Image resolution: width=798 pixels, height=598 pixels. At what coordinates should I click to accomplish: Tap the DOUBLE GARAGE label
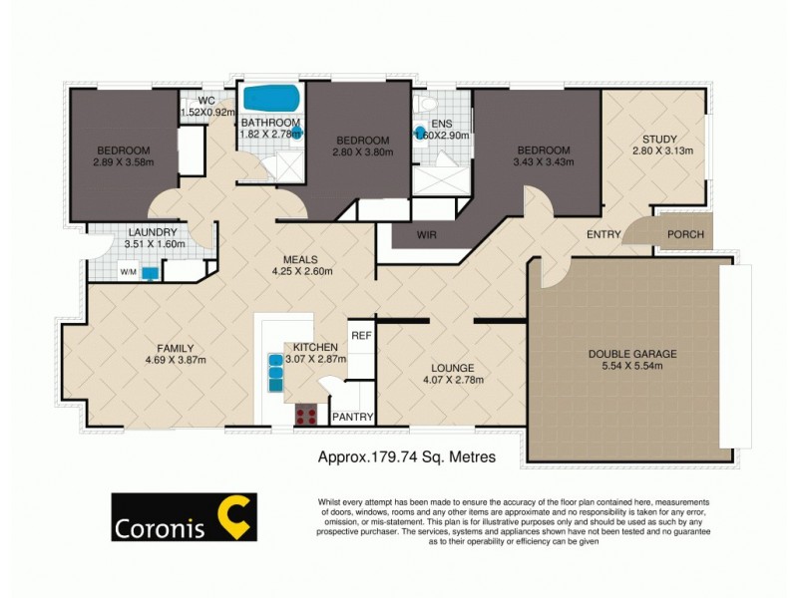(x=631, y=353)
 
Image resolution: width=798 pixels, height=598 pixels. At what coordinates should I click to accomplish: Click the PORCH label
(x=685, y=235)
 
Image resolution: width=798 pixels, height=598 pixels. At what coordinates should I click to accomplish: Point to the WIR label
(x=429, y=236)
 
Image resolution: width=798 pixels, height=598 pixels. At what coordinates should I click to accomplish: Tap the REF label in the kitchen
(x=360, y=335)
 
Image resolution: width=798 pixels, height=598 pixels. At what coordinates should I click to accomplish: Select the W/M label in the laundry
(x=128, y=271)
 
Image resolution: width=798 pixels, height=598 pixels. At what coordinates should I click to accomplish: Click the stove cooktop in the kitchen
(x=305, y=416)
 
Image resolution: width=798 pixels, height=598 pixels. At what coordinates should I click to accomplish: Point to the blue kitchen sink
(x=275, y=371)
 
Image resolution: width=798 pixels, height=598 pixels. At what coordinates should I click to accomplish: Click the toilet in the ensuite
(x=427, y=104)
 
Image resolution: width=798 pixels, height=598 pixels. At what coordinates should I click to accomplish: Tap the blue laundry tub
(x=151, y=272)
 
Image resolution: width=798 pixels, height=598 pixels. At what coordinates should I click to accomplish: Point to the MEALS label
(x=300, y=256)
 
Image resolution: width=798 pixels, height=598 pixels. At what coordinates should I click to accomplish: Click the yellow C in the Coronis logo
(x=237, y=515)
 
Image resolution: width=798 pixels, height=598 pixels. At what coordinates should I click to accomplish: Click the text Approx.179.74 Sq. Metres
(x=406, y=458)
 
